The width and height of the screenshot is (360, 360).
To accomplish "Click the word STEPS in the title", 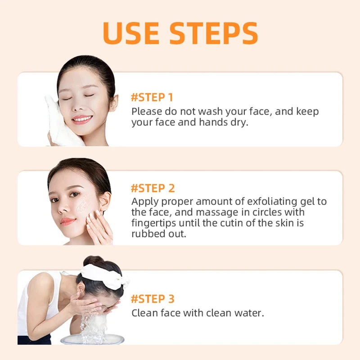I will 216,33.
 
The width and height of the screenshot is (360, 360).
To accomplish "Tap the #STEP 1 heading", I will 152,97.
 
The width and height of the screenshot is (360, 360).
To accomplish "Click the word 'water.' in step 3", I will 250,312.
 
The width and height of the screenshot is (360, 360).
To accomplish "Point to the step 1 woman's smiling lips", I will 82,119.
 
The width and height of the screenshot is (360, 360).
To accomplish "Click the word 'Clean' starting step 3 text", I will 143,312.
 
